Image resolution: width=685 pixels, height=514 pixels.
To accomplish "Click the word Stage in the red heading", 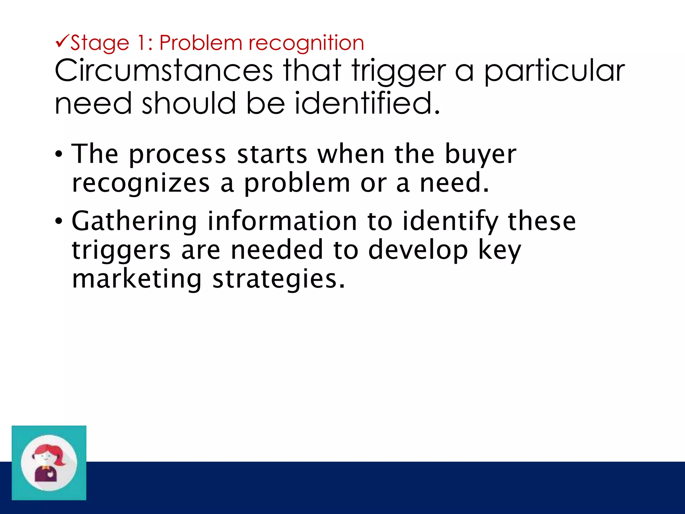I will pos(100,44).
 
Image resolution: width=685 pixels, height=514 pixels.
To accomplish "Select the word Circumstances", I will pos(164,71).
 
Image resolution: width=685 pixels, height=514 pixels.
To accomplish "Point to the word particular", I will pos(554,71).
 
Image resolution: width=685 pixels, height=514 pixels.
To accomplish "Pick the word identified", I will pos(367,103).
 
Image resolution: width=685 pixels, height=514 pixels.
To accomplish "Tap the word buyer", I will pos(481,155).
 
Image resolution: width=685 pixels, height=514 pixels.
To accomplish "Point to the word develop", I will pos(418,250).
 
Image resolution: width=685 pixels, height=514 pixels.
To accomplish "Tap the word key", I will pos(500,250).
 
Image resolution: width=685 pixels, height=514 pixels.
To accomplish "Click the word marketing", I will pos(137,279).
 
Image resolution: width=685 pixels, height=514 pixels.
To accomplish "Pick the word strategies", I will pos(279,280).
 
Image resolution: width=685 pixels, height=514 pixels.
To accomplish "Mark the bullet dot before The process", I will pos(59,155).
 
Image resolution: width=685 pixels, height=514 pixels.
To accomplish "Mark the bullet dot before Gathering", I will pos(59,221).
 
